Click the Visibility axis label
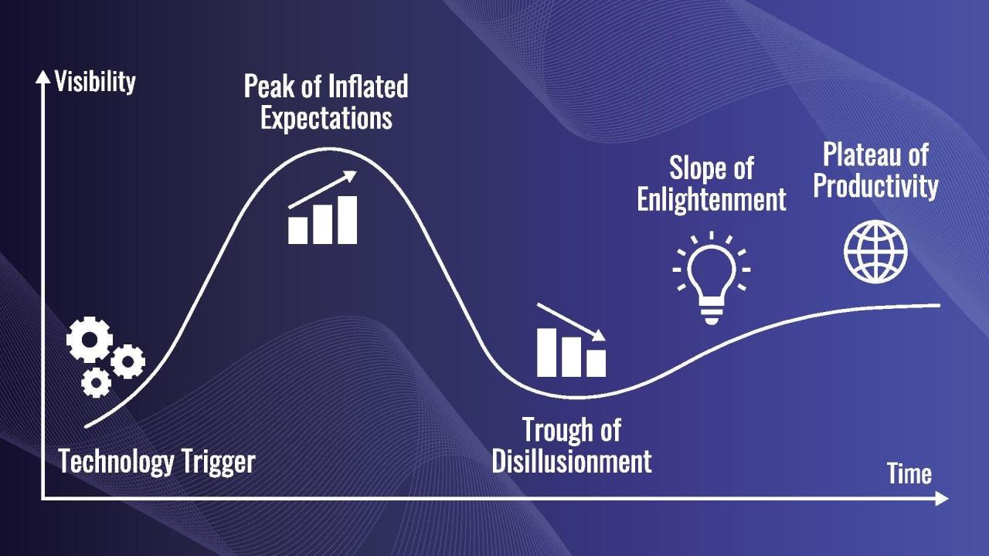click(x=95, y=81)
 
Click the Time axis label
click(x=909, y=473)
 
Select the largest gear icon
click(x=90, y=341)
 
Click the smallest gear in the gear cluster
click(x=97, y=381)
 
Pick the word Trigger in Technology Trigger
click(x=219, y=462)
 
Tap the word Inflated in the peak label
click(x=368, y=86)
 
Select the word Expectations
click(x=326, y=118)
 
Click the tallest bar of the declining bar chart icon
click(x=547, y=352)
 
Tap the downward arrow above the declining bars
click(x=572, y=321)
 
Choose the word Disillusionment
click(x=572, y=461)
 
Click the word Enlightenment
click(x=712, y=199)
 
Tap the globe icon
click(x=875, y=252)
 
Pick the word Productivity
click(x=875, y=187)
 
